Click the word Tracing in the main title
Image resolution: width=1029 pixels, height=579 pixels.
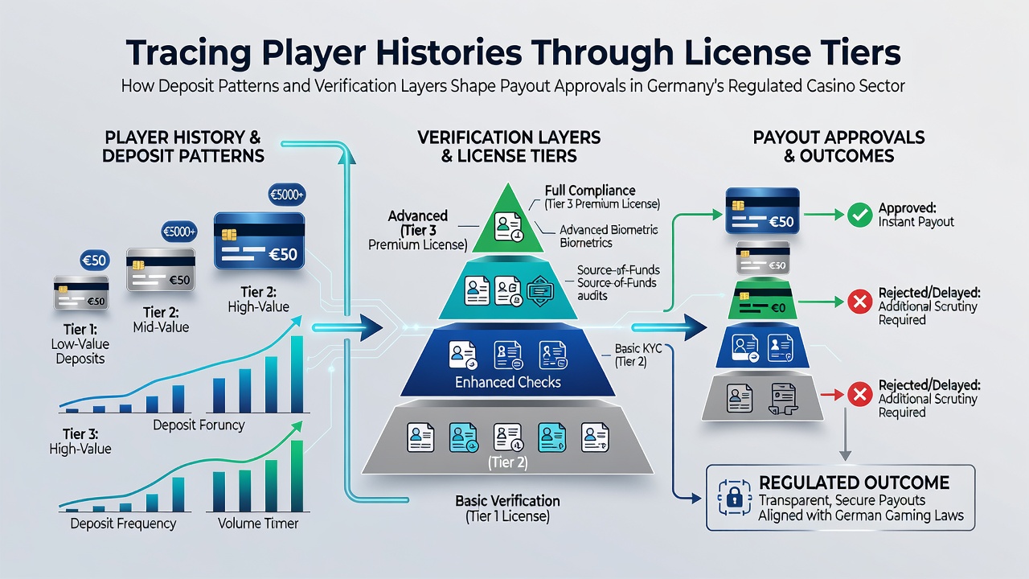[x=188, y=54]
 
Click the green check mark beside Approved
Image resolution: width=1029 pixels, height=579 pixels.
[x=859, y=215]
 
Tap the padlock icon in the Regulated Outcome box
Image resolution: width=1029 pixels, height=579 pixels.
[x=735, y=498]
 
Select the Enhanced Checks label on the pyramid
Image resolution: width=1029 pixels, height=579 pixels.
[x=507, y=382]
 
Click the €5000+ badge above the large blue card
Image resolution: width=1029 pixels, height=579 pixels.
[x=287, y=195]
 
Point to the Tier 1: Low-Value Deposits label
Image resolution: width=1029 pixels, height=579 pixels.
[x=80, y=343]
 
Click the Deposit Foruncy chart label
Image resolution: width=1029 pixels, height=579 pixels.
[x=199, y=425]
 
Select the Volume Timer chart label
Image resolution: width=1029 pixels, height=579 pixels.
[x=258, y=524]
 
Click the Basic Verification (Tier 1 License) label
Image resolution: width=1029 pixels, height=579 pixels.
[x=507, y=508]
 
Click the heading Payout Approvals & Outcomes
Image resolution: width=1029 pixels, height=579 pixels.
[x=838, y=146]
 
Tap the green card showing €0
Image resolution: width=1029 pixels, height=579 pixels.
[x=762, y=299]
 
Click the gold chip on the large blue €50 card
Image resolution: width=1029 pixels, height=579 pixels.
[x=229, y=235]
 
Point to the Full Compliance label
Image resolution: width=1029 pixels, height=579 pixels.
[x=590, y=191]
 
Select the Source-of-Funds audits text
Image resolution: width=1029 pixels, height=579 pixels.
[x=618, y=282]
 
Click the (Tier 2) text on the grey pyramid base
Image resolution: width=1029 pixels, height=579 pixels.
[x=507, y=462]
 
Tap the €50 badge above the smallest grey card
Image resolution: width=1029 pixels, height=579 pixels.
[x=95, y=261]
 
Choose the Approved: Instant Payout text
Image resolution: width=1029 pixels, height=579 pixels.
[x=916, y=215]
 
